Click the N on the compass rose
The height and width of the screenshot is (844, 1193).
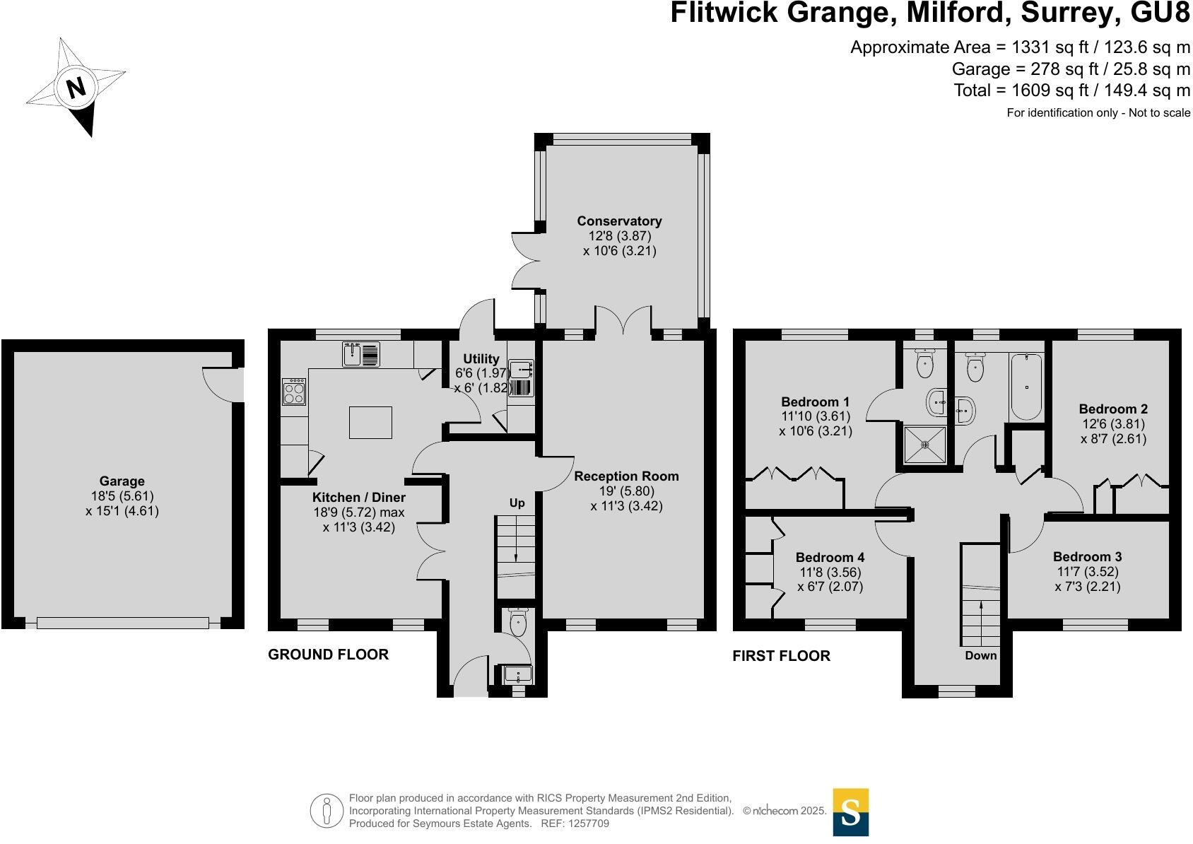tap(76, 88)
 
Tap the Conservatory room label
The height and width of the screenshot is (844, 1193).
tap(619, 221)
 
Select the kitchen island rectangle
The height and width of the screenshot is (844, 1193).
tap(370, 423)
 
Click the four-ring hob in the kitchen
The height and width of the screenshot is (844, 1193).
tap(294, 392)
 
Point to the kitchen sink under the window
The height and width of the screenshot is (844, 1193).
tap(360, 354)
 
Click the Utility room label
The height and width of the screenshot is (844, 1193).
tap(481, 358)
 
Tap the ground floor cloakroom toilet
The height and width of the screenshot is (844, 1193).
tap(518, 623)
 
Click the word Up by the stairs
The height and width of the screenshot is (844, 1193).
tap(517, 503)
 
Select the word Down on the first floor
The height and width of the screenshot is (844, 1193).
tap(981, 655)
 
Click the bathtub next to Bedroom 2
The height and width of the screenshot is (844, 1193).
tap(1025, 387)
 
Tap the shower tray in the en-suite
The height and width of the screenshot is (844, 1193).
tap(924, 445)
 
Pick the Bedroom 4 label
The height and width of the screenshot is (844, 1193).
tap(830, 557)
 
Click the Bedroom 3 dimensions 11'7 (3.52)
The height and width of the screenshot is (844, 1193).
tap(1088, 572)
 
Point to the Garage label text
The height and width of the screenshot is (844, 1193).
tap(122, 481)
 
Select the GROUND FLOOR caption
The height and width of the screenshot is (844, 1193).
tap(328, 655)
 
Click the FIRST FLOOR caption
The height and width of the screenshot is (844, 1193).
tap(781, 656)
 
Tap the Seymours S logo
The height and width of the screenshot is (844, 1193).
tap(850, 812)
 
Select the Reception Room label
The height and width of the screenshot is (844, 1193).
tap(626, 476)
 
